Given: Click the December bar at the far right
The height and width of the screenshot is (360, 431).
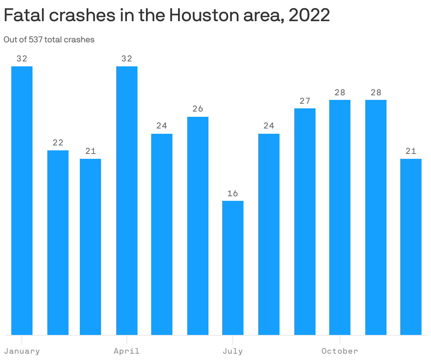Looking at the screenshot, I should [411, 247].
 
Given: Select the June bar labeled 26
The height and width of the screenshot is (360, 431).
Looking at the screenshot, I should [198, 226].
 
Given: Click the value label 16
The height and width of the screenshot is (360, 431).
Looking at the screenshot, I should [233, 193].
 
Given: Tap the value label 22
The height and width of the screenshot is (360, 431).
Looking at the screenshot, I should [58, 143].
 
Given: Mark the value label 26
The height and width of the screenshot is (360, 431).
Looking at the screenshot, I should [198, 109].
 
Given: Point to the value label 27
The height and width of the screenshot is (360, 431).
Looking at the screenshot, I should [305, 101].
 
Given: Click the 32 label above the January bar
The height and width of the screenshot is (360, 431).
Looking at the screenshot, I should [22, 59].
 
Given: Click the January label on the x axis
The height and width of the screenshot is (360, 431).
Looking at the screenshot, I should [22, 351].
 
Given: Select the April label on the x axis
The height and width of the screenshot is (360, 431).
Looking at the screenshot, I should [127, 351].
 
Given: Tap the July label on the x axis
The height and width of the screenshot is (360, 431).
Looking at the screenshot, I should [233, 351].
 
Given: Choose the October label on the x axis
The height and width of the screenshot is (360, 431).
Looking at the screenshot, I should [340, 351].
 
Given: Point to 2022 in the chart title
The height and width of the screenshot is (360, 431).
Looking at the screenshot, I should [309, 15].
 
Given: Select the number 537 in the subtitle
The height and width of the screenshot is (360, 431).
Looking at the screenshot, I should [36, 40].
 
